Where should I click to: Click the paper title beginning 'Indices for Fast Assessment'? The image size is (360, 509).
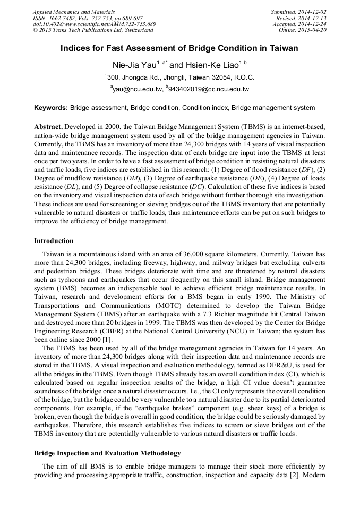[179, 48]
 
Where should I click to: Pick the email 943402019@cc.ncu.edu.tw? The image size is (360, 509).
[209, 89]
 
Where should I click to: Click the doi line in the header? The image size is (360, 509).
[94, 24]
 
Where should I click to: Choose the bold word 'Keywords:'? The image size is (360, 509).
[51, 108]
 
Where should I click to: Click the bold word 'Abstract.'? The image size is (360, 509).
[48, 128]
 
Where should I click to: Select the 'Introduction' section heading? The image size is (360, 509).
[54, 241]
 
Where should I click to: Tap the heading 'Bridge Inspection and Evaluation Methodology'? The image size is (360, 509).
[107, 453]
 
